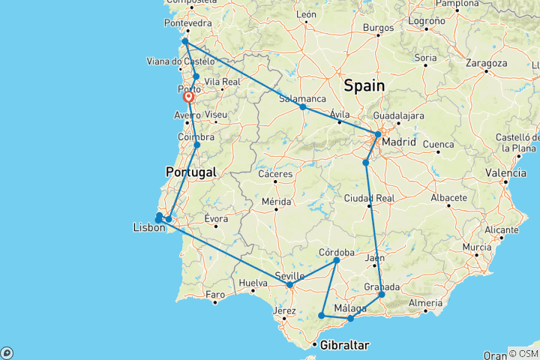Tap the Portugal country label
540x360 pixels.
tap(190, 172)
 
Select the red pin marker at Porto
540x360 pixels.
tap(188, 97)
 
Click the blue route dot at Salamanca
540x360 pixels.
tap(303, 106)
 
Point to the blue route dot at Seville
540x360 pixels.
tap(290, 284)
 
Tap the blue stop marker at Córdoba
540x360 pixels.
tap(337, 260)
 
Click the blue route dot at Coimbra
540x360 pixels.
tap(196, 145)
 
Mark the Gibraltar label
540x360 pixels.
tap(344, 345)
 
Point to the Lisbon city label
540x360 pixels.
tap(148, 227)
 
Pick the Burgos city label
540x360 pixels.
tap(378, 28)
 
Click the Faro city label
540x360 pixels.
tap(216, 293)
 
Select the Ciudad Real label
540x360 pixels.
tap(368, 198)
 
